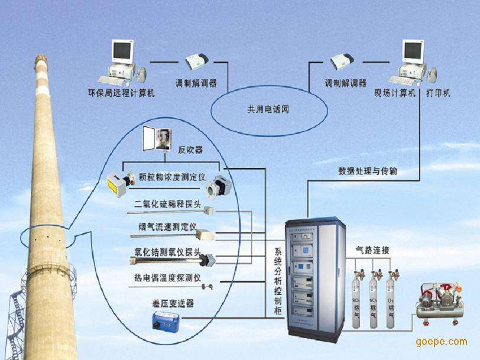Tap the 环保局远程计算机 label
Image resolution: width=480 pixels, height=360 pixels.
coord(121,93)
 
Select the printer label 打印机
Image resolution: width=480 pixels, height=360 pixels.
coord(438,93)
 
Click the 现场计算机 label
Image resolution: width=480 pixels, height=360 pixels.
coord(395,93)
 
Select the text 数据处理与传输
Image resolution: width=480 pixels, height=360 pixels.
coord(368,171)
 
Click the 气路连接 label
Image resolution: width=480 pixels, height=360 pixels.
coord(372,249)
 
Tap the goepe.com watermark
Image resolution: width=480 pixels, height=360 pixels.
coord(442,342)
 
